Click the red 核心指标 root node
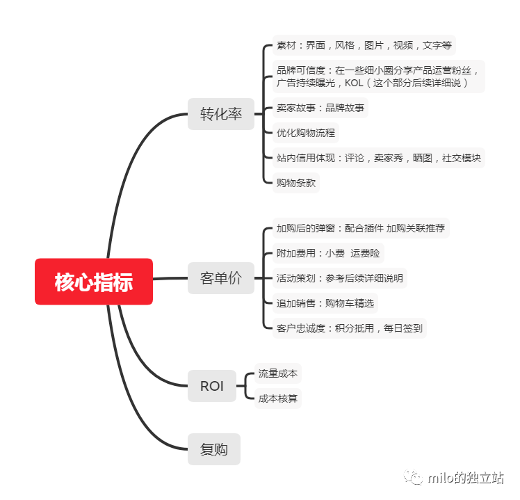coord(94,282)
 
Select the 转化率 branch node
coord(221,114)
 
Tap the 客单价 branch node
coord(221,278)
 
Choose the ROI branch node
coord(212,386)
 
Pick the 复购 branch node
coord(214,449)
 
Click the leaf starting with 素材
coord(364,45)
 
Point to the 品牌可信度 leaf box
coord(379,76)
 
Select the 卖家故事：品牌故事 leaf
coord(320,108)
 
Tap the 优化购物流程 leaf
coord(306,133)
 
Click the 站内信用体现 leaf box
coord(379,158)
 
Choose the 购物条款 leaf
coord(296,183)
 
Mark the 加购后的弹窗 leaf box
coord(361,228)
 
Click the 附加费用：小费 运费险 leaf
coord(328,253)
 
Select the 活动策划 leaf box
coord(340,278)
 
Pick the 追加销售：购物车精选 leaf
coord(325,303)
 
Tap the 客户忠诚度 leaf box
coord(350,328)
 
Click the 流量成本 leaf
coord(278,373)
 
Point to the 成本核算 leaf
coord(278,398)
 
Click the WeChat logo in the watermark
coord(413,477)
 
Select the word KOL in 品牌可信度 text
coord(354,83)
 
